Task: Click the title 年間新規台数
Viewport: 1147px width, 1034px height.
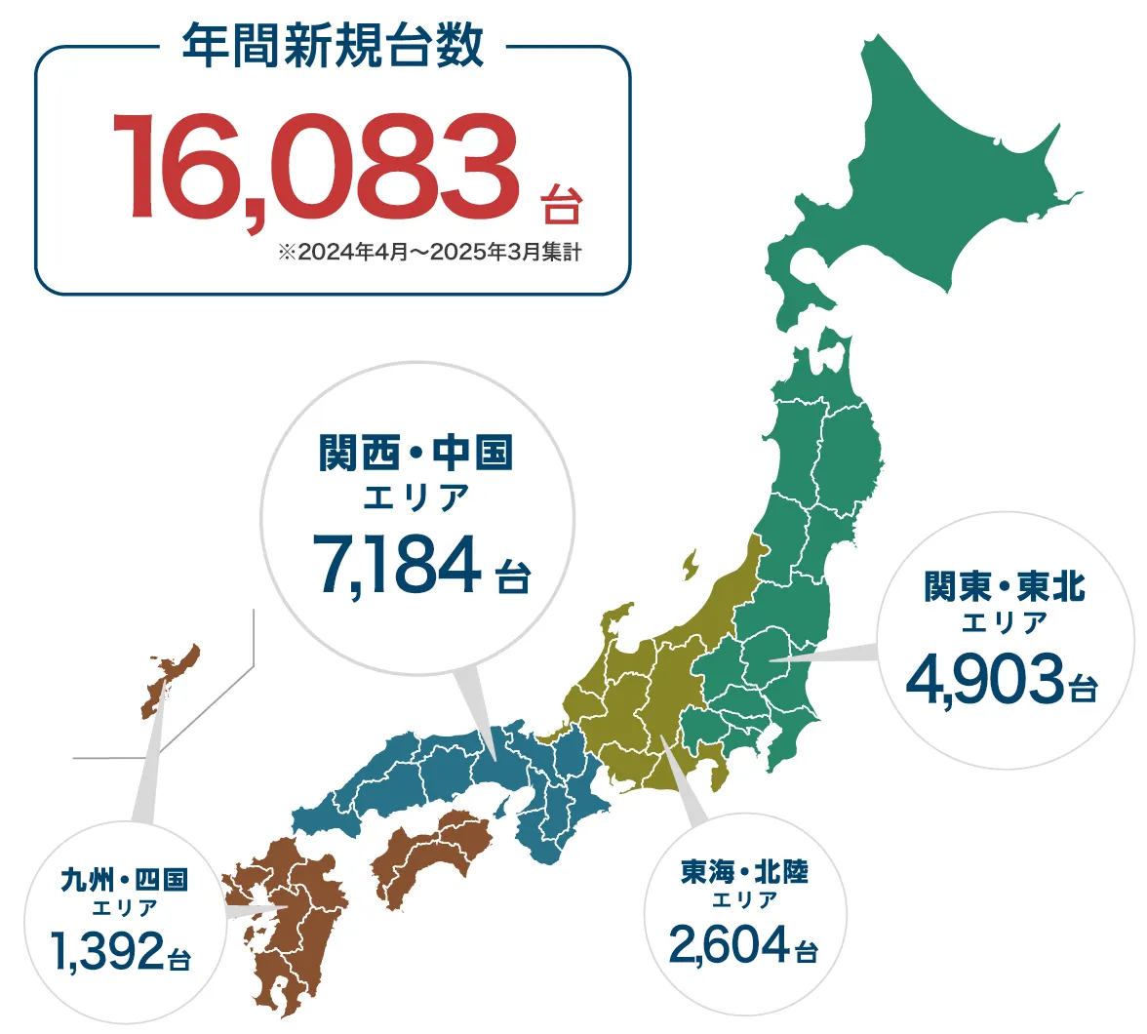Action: click(333, 46)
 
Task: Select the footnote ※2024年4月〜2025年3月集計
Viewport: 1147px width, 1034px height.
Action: click(429, 252)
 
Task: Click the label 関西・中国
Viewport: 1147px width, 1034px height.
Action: click(415, 454)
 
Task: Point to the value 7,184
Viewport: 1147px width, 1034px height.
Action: click(397, 566)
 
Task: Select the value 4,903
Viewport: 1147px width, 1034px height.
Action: click(984, 680)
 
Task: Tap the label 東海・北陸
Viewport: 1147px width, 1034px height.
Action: click(744, 870)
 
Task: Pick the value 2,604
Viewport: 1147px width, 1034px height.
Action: click(728, 943)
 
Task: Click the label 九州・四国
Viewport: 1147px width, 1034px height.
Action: click(124, 880)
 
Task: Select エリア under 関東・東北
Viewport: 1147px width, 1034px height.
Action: click(1004, 622)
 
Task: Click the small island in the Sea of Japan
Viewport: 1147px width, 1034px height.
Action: click(691, 564)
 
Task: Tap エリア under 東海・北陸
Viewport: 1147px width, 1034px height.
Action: click(744, 900)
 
